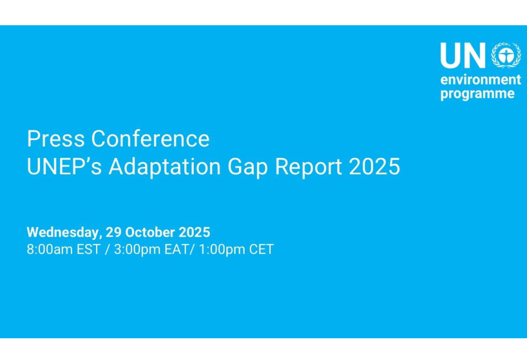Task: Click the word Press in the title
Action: (x=56, y=138)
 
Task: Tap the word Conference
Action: (x=150, y=138)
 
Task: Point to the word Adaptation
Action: (x=165, y=167)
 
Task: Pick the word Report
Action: (x=309, y=167)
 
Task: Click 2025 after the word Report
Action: (x=374, y=166)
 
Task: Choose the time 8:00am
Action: (x=50, y=249)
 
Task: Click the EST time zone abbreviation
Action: (x=89, y=249)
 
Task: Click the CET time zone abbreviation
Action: (x=261, y=249)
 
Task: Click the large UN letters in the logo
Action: (x=463, y=55)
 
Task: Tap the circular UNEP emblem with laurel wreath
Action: (x=506, y=55)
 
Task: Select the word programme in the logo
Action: (x=477, y=94)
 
